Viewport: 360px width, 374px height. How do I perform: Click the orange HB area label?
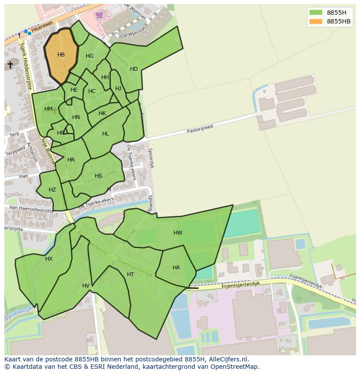[61, 55]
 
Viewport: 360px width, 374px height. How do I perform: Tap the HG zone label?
[90, 56]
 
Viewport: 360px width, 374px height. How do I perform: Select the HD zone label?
[134, 69]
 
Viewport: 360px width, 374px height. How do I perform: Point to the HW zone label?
[178, 233]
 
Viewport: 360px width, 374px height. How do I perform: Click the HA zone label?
[176, 268]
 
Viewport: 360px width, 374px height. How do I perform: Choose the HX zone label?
[49, 259]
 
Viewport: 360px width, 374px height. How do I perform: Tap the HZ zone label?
[52, 190]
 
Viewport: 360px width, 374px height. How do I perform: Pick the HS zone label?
[98, 176]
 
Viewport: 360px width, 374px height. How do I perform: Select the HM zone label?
[48, 109]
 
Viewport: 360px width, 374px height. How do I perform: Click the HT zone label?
[130, 275]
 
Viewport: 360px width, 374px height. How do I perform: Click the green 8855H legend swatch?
[316, 13]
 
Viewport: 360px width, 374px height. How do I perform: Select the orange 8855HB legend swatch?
[316, 21]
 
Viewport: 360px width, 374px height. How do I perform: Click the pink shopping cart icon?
[100, 15]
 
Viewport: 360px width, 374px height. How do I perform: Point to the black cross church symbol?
[10, 65]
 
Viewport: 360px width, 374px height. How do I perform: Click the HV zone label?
[86, 286]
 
